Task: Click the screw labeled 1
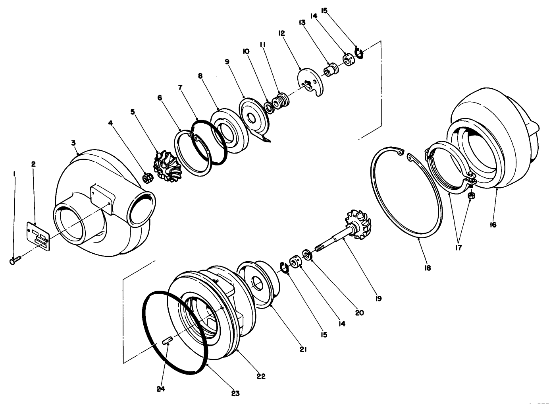click(15, 260)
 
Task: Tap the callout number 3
click(73, 142)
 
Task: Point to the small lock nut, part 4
click(146, 179)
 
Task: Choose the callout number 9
click(227, 62)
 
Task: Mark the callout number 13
click(302, 23)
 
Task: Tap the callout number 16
click(493, 225)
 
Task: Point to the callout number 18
click(427, 268)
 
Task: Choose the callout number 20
click(359, 313)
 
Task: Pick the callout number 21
click(304, 349)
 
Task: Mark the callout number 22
click(261, 376)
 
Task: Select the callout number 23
click(235, 393)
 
